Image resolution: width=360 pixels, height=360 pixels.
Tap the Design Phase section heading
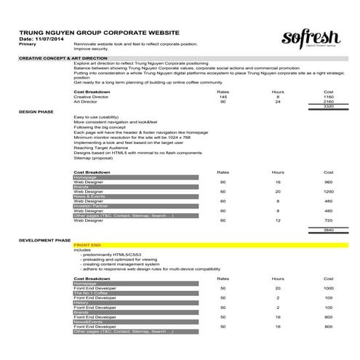point(37,111)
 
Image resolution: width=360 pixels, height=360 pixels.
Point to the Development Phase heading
point(45,239)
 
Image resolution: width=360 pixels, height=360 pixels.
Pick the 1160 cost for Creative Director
point(328,97)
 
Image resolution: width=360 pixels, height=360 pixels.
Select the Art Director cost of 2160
point(328,102)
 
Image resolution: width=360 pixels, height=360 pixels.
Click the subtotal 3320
point(328,107)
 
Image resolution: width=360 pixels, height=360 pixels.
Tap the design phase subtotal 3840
point(328,229)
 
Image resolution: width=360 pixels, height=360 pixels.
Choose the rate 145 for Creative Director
point(223,97)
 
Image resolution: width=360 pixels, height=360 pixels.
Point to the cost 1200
point(328,191)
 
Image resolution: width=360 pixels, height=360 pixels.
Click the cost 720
point(328,220)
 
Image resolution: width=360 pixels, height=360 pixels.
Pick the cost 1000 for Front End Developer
point(328,288)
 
